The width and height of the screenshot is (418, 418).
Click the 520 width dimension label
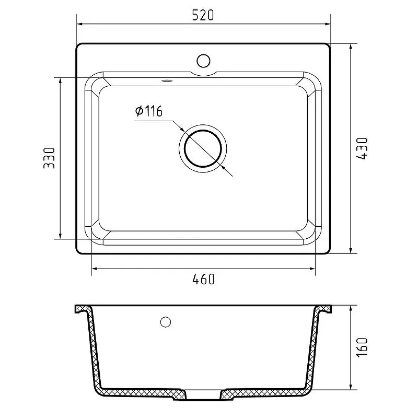pyautogui.click(x=203, y=15)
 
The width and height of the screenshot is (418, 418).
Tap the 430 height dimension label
pyautogui.click(x=362, y=148)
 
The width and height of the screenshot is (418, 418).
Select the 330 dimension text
pyautogui.click(x=49, y=158)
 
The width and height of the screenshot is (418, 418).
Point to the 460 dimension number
pyautogui.click(x=203, y=279)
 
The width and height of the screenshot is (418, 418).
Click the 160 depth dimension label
pyautogui.click(x=362, y=346)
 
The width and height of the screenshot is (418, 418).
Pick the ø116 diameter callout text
pyautogui.click(x=149, y=111)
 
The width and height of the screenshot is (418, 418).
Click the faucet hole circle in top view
pyautogui.click(x=203, y=61)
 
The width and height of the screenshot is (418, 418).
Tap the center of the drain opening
pyautogui.click(x=203, y=148)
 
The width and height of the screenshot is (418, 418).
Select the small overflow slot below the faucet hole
pyautogui.click(x=167, y=80)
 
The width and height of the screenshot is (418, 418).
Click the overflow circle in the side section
pyautogui.click(x=166, y=322)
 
